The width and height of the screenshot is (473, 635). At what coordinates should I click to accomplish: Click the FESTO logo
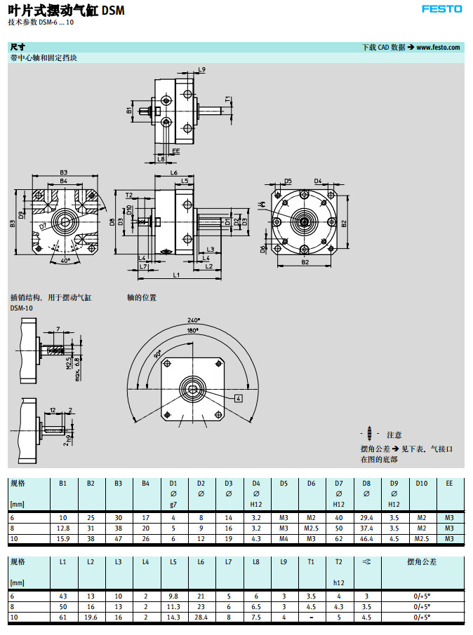[x=441, y=9]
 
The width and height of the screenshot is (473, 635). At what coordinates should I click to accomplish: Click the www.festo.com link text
[x=438, y=47]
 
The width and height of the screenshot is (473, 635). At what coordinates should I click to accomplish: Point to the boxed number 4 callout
[x=238, y=398]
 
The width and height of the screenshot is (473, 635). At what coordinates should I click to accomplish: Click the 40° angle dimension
[x=65, y=261]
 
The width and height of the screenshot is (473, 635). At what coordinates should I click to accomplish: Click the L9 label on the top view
[x=201, y=69]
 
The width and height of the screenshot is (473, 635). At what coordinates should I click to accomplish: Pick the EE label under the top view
[x=175, y=151]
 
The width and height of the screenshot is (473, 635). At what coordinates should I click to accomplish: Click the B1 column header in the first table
[x=62, y=483]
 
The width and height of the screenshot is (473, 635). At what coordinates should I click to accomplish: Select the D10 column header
[x=421, y=483]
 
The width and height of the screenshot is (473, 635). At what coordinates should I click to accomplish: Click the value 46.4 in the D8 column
[x=366, y=538]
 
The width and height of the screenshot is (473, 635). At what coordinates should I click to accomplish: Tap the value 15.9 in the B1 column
[x=62, y=538]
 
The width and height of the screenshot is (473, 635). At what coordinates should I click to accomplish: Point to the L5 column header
[x=173, y=561]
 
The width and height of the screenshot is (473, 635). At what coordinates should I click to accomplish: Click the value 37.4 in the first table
[x=366, y=528]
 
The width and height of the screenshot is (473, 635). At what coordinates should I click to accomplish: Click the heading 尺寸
[x=18, y=47]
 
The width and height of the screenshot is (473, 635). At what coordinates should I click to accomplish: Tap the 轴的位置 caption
[x=142, y=297]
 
